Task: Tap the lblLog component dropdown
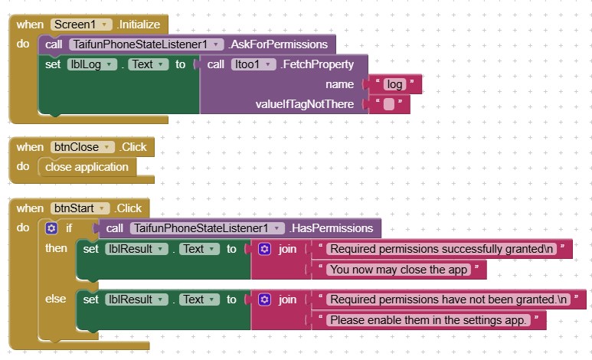tap(92, 64)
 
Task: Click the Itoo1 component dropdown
tap(253, 64)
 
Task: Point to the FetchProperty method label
tap(318, 64)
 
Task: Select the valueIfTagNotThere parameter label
tap(304, 104)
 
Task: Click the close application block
tap(87, 167)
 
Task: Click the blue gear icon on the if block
tap(51, 228)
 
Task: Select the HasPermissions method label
tap(332, 228)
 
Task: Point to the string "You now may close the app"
tap(397, 269)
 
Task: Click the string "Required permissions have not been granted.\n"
tap(448, 299)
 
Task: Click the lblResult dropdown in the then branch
tap(136, 249)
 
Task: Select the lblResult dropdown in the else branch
tap(136, 299)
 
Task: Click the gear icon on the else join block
tap(264, 299)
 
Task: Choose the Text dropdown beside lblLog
tap(147, 64)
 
